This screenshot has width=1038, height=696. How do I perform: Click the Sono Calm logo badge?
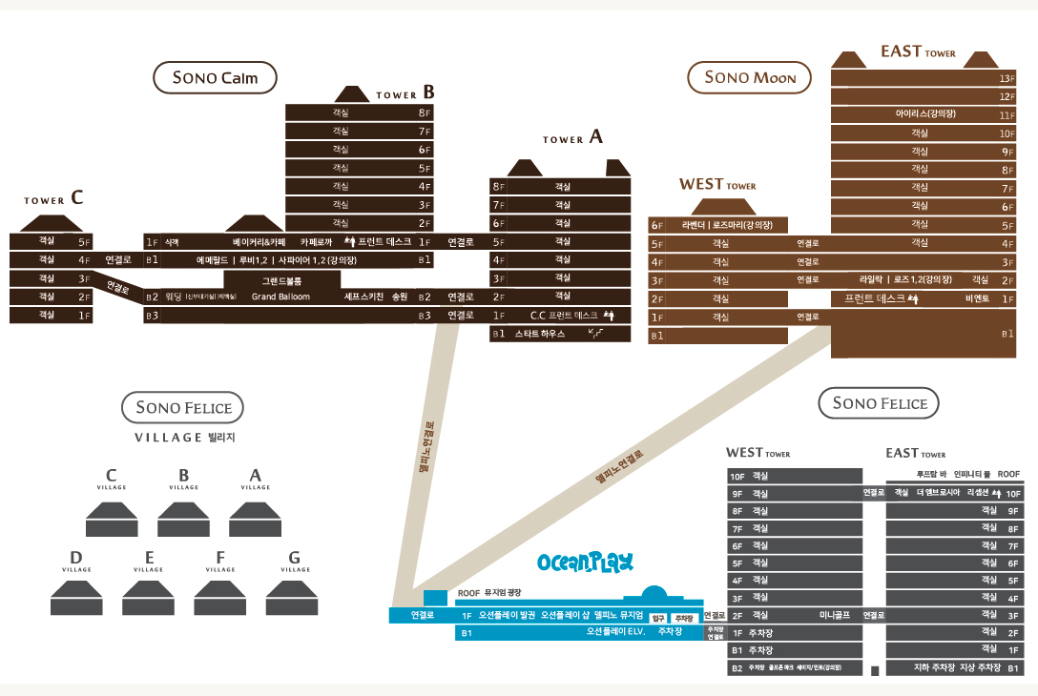(x=215, y=78)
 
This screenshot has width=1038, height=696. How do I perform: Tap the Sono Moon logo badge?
(x=750, y=77)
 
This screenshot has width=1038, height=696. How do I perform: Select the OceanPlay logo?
(x=586, y=563)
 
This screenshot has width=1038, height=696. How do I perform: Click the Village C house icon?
(x=112, y=519)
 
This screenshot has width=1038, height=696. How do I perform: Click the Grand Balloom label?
(x=280, y=297)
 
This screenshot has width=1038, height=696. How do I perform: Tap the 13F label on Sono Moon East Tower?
(x=1006, y=78)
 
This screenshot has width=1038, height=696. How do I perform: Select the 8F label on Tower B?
(x=425, y=113)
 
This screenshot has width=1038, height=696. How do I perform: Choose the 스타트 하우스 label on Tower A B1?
(x=540, y=334)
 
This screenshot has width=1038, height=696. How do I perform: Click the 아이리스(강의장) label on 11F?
(x=925, y=114)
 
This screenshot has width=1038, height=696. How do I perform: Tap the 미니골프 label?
(x=835, y=615)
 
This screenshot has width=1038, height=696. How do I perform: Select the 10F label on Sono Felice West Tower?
(x=737, y=476)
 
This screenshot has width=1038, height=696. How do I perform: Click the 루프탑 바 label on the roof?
(x=931, y=474)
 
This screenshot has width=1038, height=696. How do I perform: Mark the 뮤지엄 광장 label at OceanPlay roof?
(x=507, y=591)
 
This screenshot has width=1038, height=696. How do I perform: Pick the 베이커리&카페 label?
(x=259, y=242)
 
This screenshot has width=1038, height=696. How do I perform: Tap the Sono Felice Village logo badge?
(x=183, y=408)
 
